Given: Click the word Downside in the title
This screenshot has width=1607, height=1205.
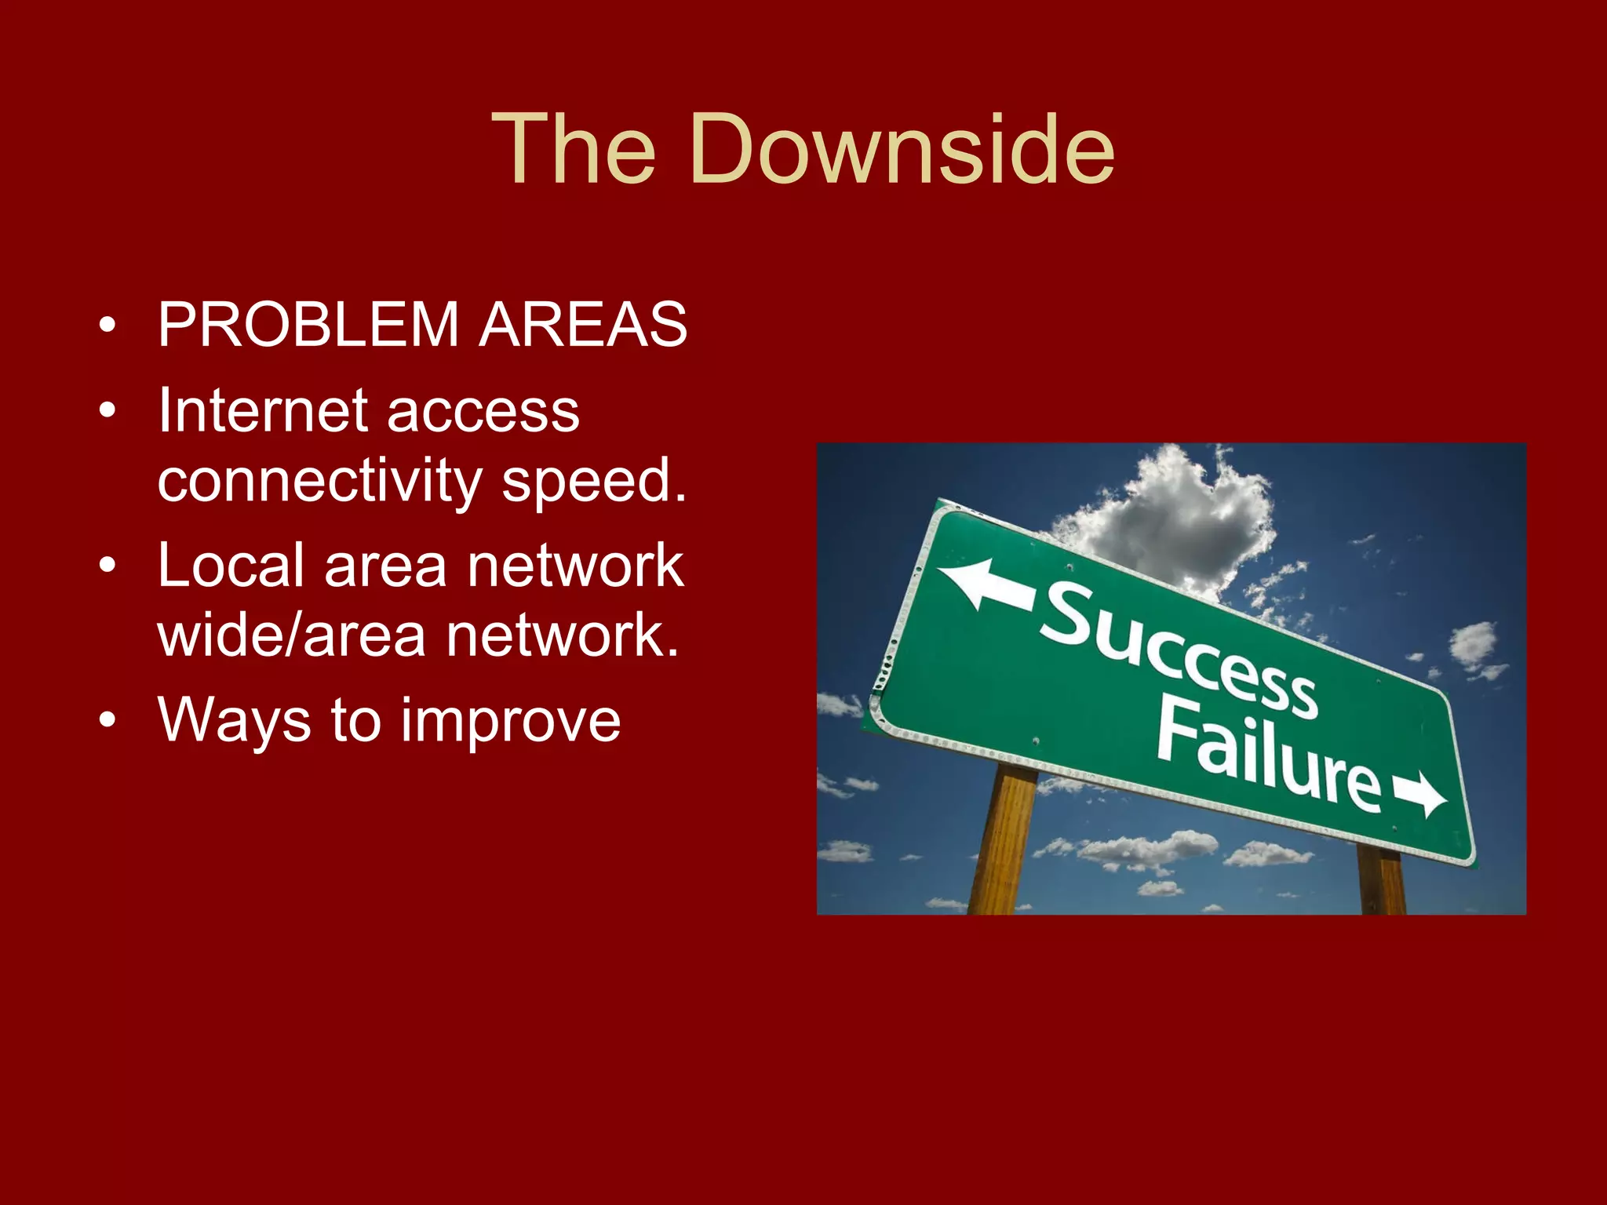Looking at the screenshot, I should click(x=902, y=148).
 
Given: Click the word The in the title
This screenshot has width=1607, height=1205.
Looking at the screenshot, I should click(x=574, y=148).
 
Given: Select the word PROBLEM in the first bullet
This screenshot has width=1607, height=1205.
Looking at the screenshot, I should click(x=308, y=324).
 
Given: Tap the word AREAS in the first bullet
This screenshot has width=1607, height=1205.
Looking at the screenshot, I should click(x=583, y=324).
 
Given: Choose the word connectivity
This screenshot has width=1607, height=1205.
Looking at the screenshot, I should click(x=319, y=481).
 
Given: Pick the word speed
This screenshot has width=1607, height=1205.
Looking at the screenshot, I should click(x=594, y=482).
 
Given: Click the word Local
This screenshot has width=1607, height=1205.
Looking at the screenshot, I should click(x=231, y=565).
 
